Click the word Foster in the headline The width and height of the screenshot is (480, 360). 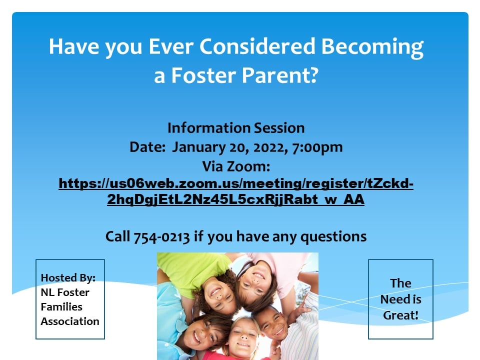point(204,75)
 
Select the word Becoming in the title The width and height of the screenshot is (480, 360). point(372,48)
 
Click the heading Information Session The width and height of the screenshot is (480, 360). point(236,128)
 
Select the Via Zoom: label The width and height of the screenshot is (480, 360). point(236,167)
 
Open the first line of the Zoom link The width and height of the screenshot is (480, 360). point(236,183)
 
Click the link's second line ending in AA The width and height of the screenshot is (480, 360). point(235,199)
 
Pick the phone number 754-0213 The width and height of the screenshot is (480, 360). point(161,237)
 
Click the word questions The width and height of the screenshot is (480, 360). point(333,237)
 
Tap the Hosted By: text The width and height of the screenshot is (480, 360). point(68,278)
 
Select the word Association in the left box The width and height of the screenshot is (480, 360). point(70,321)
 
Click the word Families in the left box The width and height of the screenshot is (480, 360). point(61,306)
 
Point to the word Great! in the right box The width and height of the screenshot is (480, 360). point(400,315)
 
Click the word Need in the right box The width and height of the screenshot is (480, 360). point(393,299)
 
